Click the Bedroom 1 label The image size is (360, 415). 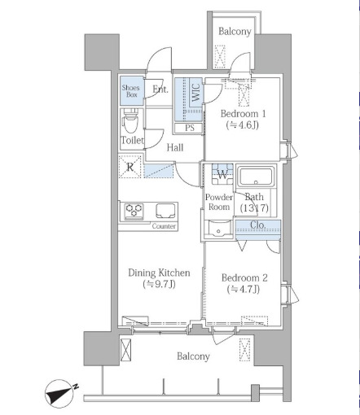(243, 114)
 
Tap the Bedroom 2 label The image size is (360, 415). (244, 277)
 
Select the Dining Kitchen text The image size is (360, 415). (159, 273)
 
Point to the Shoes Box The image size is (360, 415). (132, 90)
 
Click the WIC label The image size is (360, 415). (196, 93)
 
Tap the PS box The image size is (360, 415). (189, 128)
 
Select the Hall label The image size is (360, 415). (175, 147)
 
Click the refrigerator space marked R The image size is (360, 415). (130, 167)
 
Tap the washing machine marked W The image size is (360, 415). (222, 173)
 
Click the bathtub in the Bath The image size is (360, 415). (256, 177)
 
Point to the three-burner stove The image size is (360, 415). (134, 212)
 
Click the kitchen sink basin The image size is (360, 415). (165, 211)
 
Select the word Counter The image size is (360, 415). (164, 226)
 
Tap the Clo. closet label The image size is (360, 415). (257, 225)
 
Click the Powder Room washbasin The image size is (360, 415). (218, 229)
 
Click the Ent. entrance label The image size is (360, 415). (160, 89)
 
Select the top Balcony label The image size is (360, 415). (235, 32)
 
